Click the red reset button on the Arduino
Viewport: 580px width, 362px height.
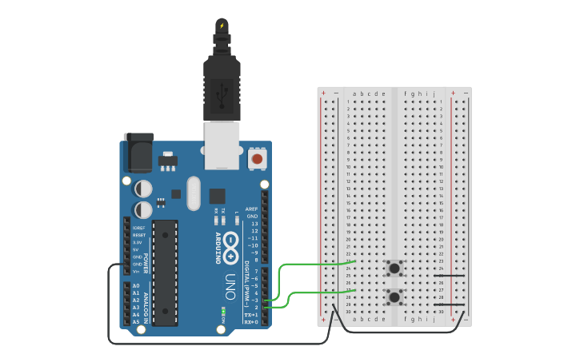click(x=257, y=159)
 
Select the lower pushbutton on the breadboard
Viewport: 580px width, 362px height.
click(x=394, y=297)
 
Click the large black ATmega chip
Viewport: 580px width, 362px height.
click(x=165, y=272)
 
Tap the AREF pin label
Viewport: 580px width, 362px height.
click(x=252, y=209)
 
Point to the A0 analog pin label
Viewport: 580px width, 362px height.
click(x=135, y=286)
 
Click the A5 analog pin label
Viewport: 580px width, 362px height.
click(x=135, y=321)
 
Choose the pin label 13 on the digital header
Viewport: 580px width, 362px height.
click(x=254, y=224)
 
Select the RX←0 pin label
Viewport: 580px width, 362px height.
click(x=251, y=322)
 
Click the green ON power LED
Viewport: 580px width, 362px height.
click(x=223, y=309)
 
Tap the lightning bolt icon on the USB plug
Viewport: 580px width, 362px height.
click(x=222, y=26)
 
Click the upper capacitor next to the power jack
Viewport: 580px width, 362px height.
click(x=143, y=189)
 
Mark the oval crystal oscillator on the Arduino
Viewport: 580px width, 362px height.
click(x=194, y=193)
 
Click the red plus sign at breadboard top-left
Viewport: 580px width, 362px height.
click(x=323, y=93)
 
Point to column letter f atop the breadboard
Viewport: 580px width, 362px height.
click(x=406, y=93)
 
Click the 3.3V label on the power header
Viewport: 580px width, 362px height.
click(x=138, y=242)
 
